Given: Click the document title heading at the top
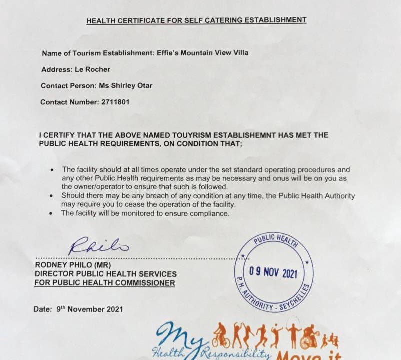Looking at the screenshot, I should click(196, 20).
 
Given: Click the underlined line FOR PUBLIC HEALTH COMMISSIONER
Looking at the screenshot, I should click(105, 283).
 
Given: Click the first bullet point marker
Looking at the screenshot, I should click(52, 170).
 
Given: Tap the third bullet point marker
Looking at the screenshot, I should click(52, 213).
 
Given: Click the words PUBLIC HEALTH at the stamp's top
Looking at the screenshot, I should click(276, 240).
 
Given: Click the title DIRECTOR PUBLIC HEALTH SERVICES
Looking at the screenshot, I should click(105, 274).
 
